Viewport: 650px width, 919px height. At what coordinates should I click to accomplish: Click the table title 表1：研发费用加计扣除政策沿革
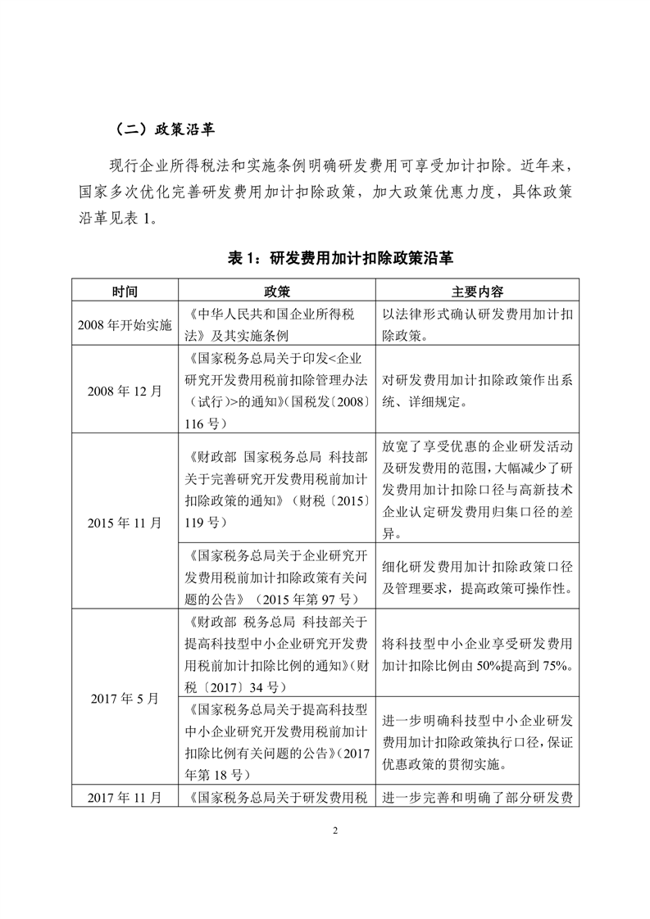[x=325, y=258]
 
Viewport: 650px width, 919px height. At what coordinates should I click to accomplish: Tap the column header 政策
[x=277, y=291]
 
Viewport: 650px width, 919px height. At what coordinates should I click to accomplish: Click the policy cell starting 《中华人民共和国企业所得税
[x=277, y=324]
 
